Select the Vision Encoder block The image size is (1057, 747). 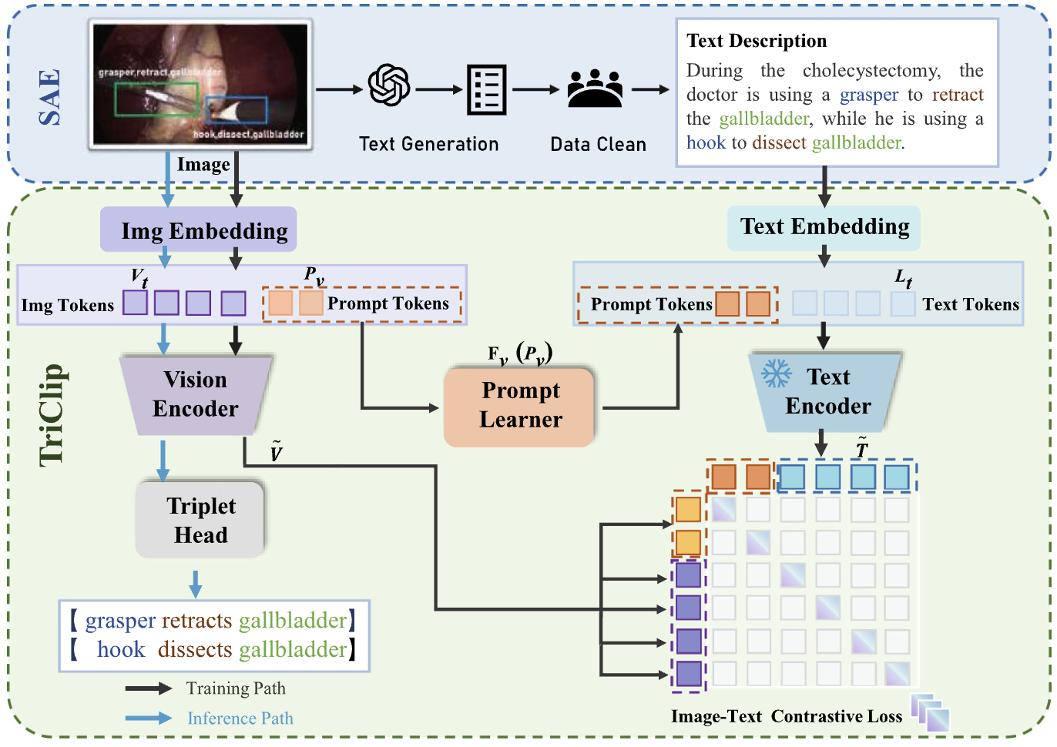[x=196, y=394]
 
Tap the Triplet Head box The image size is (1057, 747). [x=201, y=520]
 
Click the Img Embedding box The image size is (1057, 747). [x=199, y=229]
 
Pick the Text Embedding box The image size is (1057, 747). [x=824, y=227]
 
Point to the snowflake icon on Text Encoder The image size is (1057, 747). [x=776, y=374]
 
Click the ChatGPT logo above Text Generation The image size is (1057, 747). [x=389, y=85]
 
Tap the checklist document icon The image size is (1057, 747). [x=487, y=89]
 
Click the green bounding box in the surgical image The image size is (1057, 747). [x=156, y=99]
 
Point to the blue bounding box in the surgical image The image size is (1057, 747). [x=237, y=111]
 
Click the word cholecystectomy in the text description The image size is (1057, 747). [x=871, y=71]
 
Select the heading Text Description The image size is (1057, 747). [x=757, y=41]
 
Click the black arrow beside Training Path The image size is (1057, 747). [x=149, y=688]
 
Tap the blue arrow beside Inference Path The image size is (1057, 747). [x=149, y=718]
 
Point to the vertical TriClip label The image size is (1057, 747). [x=52, y=415]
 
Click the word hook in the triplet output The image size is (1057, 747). [x=121, y=650]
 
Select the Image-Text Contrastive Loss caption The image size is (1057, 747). [x=786, y=717]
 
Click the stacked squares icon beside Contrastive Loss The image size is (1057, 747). [x=931, y=712]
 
